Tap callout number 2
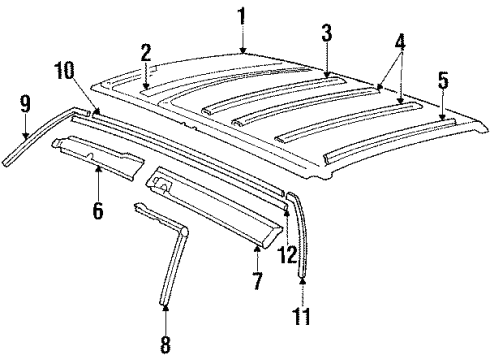click(146, 53)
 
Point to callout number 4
click(400, 46)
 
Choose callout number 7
click(257, 281)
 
